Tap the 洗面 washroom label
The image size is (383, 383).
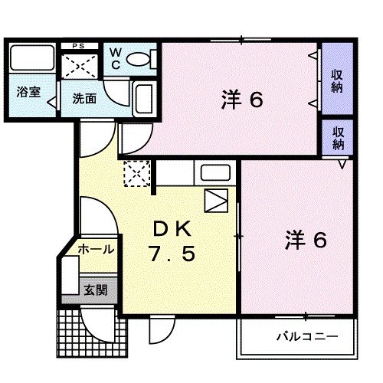coord(84,98)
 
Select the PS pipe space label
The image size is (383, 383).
coord(79,46)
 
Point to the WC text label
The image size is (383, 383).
coord(115,58)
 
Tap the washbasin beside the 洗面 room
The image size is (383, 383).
coord(143,98)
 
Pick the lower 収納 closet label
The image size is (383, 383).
coord(337,137)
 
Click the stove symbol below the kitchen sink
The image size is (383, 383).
coord(216,201)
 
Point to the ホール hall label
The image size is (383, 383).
coord(97,249)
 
